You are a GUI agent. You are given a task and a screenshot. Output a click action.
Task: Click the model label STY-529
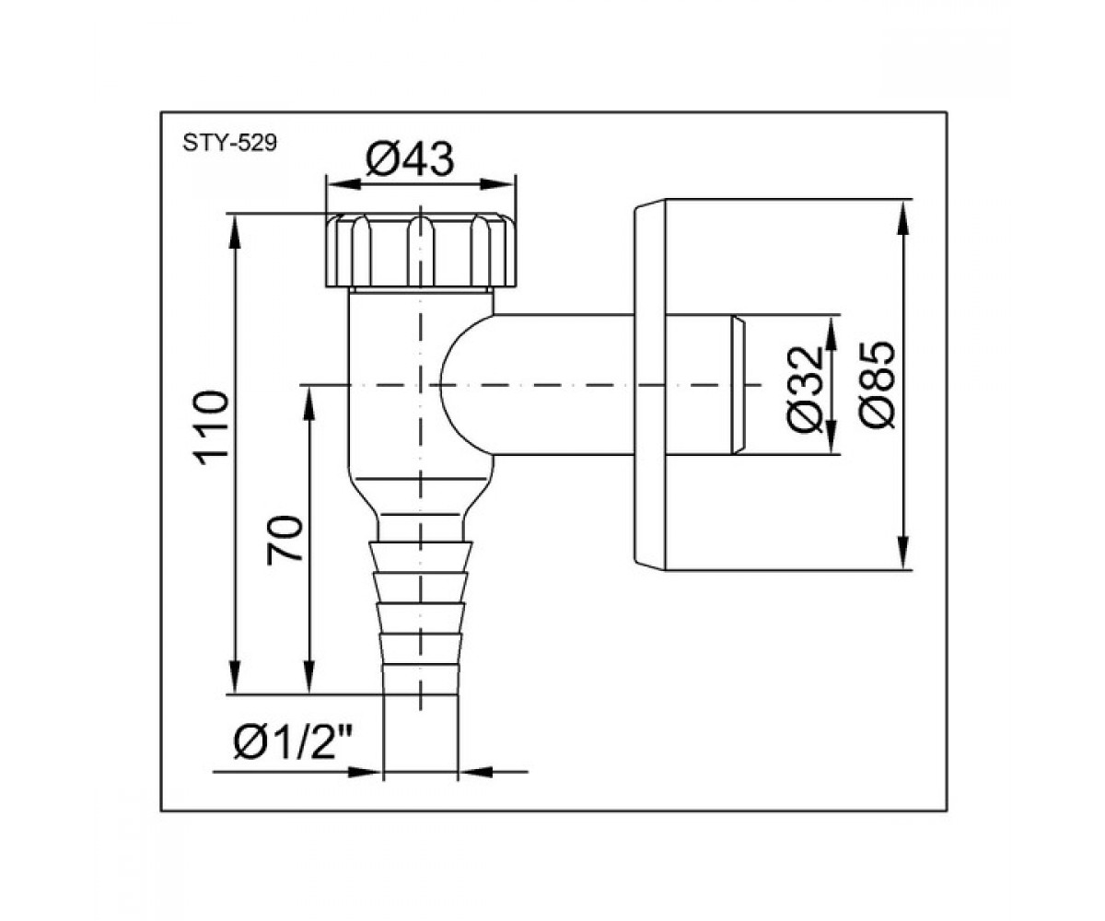point(229,143)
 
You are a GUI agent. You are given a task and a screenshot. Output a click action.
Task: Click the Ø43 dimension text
point(410,160)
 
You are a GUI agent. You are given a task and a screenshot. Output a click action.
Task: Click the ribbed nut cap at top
point(421,251)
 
